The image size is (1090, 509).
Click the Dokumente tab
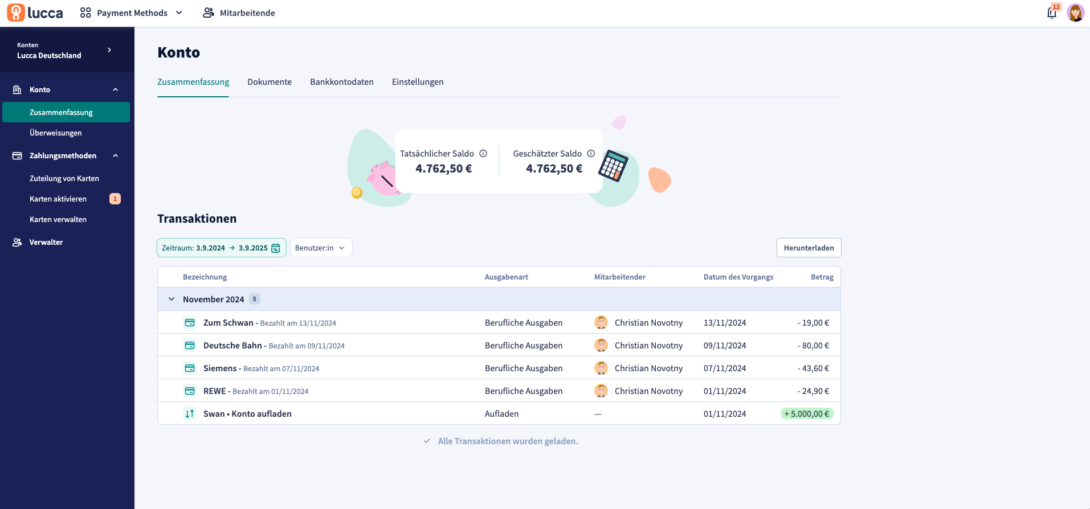tap(270, 82)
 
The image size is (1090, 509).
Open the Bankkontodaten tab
tap(342, 82)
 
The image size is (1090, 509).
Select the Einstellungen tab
tap(418, 82)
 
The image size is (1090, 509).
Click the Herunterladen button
tap(809, 248)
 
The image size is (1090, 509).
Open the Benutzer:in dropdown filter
tap(321, 248)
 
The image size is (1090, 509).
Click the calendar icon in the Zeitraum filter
tap(276, 248)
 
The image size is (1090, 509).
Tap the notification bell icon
tap(1052, 13)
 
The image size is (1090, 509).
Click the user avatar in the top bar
tap(1075, 13)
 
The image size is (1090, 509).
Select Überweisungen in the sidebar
tap(56, 133)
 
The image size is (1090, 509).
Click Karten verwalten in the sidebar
tap(58, 219)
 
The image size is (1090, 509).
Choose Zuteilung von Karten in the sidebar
tap(64, 178)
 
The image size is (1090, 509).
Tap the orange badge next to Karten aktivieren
tap(115, 199)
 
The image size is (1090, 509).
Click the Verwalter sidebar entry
tap(46, 242)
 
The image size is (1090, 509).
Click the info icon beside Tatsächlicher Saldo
tap(483, 153)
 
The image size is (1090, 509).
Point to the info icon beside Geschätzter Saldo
tap(591, 153)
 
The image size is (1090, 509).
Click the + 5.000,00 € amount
tap(807, 414)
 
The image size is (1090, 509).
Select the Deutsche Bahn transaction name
tap(232, 346)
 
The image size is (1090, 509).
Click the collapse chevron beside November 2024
tap(172, 299)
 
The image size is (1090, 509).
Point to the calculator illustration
tap(613, 166)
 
